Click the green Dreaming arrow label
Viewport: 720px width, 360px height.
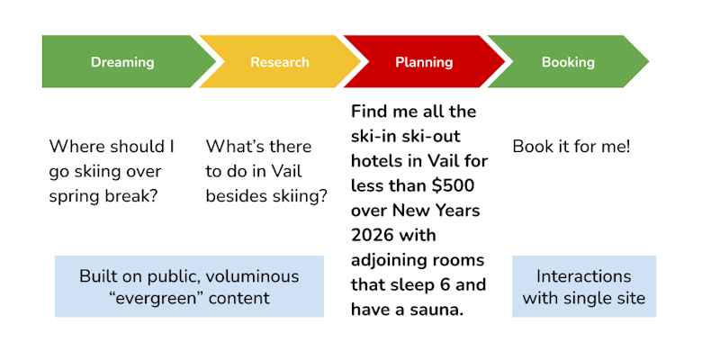[122, 62]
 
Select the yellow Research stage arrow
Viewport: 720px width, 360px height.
[279, 62]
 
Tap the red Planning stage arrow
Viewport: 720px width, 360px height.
[423, 62]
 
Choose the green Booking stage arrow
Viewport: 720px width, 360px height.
[568, 62]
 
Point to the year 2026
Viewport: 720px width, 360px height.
[374, 237]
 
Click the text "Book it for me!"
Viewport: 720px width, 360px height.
[571, 146]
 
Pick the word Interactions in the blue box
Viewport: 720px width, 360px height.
[583, 276]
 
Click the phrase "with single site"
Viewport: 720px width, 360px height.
[583, 299]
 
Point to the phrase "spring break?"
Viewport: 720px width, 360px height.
[104, 195]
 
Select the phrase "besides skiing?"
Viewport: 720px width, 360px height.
[266, 195]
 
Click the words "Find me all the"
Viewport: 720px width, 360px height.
[413, 112]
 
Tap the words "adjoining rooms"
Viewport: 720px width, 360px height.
[418, 261]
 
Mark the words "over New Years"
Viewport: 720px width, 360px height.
[415, 211]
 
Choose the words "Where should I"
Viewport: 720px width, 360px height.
[112, 146]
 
